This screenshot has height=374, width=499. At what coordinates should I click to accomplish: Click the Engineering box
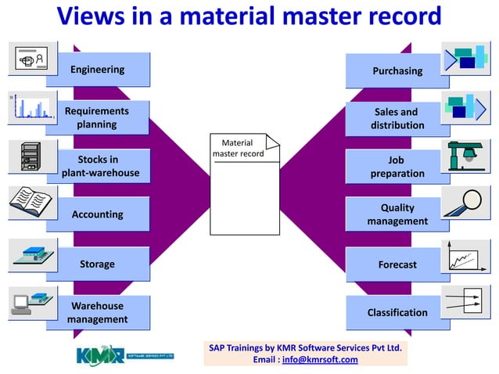pos(97,70)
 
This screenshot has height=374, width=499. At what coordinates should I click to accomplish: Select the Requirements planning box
pos(97,117)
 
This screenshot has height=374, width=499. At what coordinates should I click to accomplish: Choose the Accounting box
pos(97,214)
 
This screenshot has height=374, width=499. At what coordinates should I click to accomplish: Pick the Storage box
pos(97,264)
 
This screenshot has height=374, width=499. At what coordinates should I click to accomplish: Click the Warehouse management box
pos(97,312)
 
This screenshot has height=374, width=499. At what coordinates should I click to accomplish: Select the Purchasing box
pos(397,70)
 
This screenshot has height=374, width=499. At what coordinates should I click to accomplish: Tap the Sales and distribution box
pos(397,118)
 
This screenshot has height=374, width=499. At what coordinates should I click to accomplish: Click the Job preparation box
pos(397,167)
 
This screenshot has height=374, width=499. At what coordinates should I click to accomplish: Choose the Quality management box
pos(397,214)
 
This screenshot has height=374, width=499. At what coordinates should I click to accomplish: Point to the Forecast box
pos(397,264)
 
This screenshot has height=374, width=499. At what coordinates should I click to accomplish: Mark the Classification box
pos(397,312)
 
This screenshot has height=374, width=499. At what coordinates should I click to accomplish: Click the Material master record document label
pos(239,149)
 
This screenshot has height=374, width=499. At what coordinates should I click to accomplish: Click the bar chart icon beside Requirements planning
pos(30,107)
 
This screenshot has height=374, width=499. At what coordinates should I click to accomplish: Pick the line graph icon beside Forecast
pos(467,256)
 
